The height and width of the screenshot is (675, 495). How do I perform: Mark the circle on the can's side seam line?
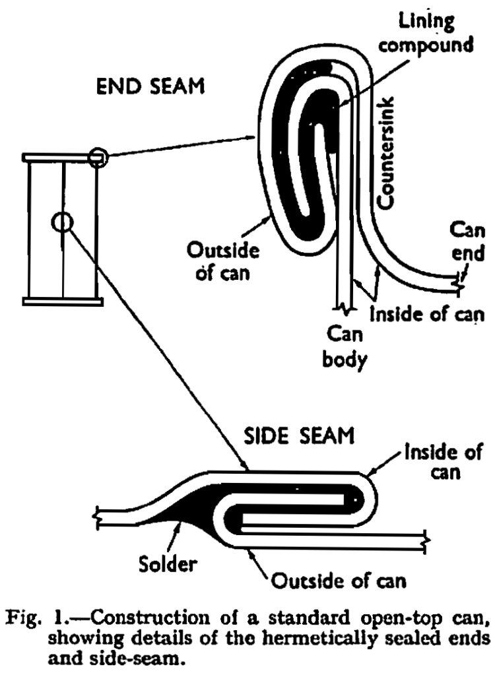pos(61,222)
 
